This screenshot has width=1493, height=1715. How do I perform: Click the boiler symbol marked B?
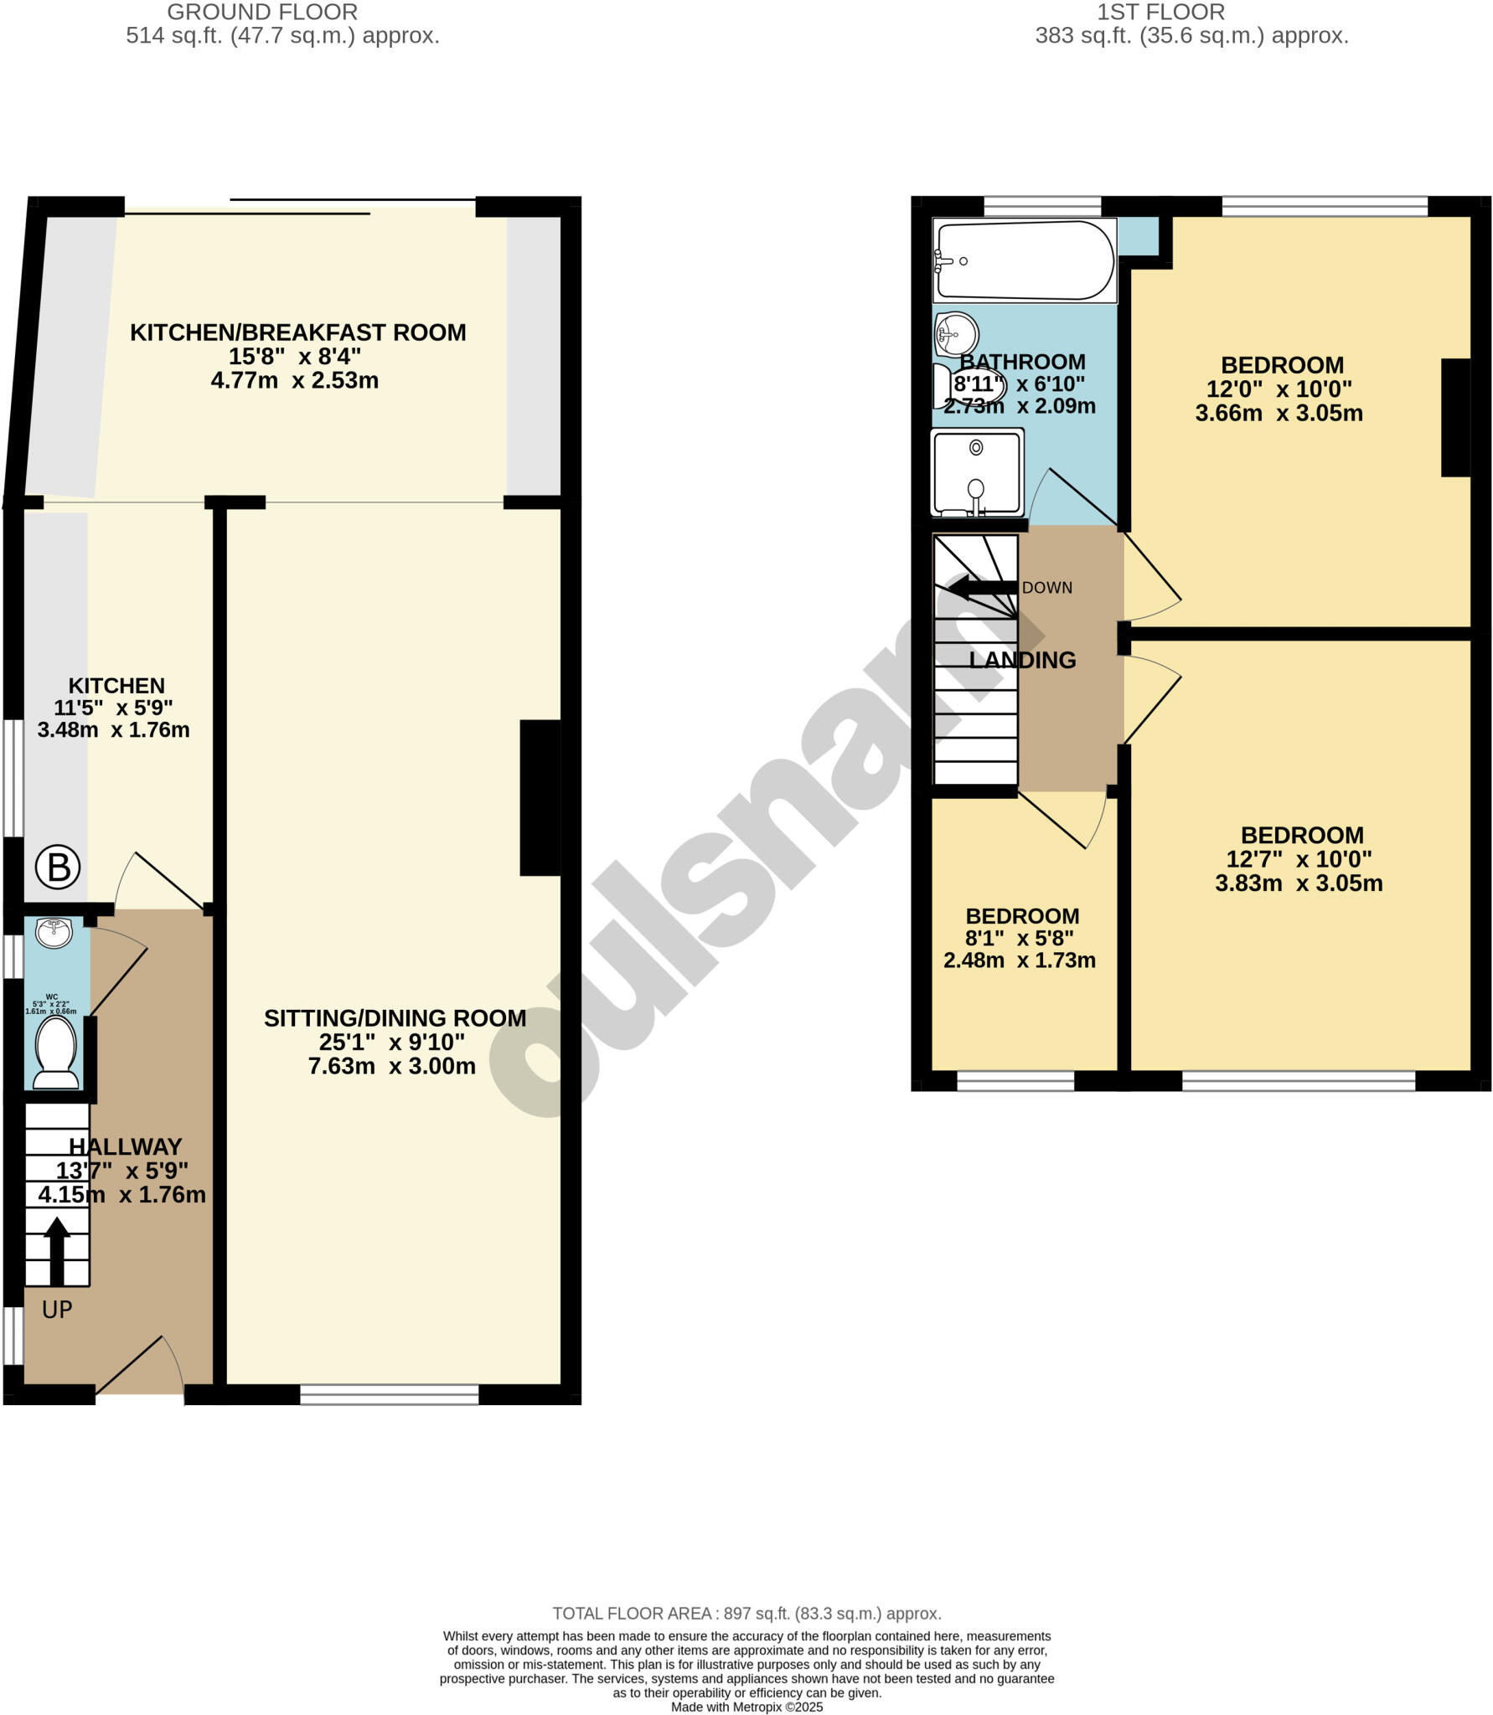58,868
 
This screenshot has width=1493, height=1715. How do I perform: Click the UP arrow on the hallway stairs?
56,1250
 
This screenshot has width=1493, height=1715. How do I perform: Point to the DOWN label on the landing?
1046,588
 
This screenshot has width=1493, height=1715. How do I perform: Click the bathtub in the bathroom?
1024,260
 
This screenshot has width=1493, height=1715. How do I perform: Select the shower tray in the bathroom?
977,472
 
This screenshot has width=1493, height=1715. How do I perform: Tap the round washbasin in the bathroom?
956,333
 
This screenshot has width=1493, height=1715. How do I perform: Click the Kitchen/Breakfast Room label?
297,332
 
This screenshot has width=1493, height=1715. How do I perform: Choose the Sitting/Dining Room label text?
395,1018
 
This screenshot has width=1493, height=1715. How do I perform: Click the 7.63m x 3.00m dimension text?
391,1066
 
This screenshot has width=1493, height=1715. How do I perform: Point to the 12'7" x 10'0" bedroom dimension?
1299,859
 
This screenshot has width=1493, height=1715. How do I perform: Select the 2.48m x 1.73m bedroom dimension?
1019,961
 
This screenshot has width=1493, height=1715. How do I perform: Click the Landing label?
1022,660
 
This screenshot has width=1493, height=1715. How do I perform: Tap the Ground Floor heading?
262,13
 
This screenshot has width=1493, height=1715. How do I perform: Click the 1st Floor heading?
1160,13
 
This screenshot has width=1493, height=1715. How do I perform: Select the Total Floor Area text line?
746,1614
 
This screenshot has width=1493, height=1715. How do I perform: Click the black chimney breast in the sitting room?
540,797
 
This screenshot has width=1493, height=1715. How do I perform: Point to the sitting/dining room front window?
390,1394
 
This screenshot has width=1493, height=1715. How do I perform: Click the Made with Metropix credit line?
746,1707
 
